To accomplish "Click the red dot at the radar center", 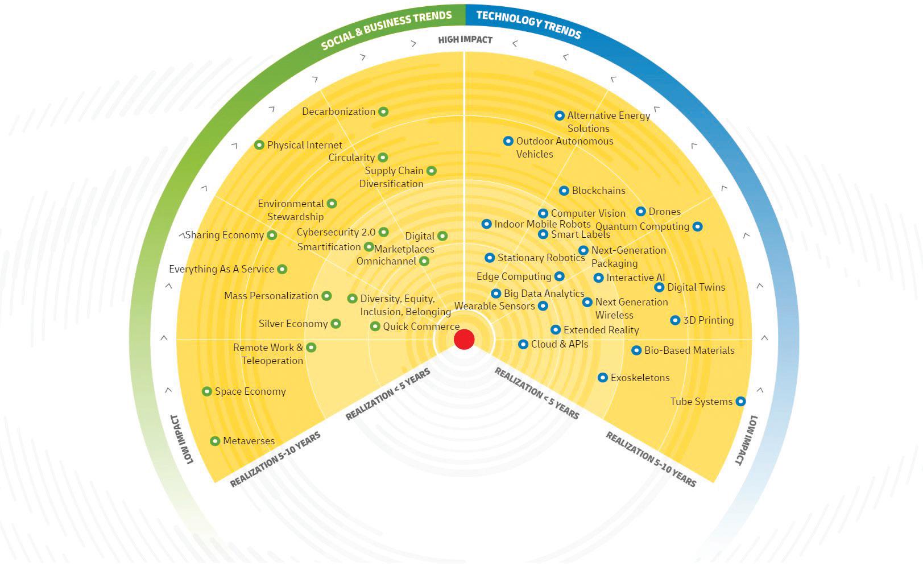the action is coord(464,339).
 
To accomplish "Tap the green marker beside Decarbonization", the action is coord(383,111).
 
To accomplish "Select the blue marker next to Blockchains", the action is coord(564,191).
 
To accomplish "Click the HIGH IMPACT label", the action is coord(465,40).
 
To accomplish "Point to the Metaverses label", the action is coord(249,441).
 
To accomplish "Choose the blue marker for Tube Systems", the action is coord(740,401).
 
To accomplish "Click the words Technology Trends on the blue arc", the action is coord(529,24).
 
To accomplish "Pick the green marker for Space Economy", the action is coord(207,391).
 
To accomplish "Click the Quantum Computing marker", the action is coord(697,226).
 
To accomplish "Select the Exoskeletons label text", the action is coord(640,378).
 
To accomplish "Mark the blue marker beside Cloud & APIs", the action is coord(523,344).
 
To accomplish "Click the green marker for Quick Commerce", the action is coord(375,327).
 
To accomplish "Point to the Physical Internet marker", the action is coord(259,144).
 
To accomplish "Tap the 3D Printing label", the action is coord(709,320).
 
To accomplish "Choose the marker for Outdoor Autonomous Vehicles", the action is coord(508,141).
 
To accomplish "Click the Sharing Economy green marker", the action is coord(271,235).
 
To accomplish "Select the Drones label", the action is coord(665,212).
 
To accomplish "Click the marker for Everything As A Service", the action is coord(282,269).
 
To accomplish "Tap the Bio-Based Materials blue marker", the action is coord(636,350).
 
